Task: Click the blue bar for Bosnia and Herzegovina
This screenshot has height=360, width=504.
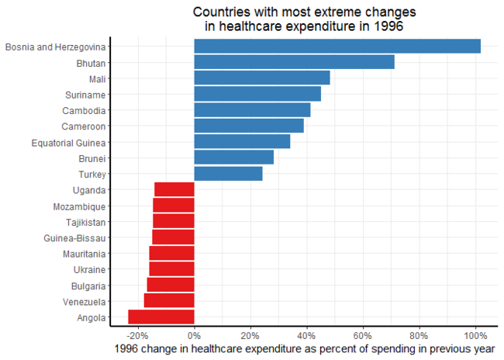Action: (x=337, y=47)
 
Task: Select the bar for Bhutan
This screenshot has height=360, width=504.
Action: (x=294, y=62)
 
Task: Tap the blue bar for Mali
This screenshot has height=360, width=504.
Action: (x=262, y=78)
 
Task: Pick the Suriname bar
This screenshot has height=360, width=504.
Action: (x=257, y=94)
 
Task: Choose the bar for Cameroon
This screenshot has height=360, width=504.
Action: (x=249, y=126)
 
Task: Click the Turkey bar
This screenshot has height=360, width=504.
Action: (x=228, y=174)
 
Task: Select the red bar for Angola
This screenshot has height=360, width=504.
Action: (x=161, y=317)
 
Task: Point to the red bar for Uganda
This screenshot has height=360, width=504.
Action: (x=174, y=189)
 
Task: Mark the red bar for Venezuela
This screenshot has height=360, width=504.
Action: (x=169, y=301)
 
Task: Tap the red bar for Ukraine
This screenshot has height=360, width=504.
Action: (x=171, y=269)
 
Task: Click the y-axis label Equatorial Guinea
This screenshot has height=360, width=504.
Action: (x=68, y=142)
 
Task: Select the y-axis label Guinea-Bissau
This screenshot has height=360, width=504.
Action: (x=75, y=237)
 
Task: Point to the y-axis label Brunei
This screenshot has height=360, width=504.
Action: (x=90, y=157)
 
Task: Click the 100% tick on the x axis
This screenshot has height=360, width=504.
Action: (x=475, y=335)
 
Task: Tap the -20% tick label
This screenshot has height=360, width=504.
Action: (x=137, y=335)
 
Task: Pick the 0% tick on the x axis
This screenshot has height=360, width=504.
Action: (x=194, y=335)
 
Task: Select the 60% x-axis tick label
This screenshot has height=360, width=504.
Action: (x=362, y=335)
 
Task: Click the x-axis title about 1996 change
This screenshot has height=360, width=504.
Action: (x=304, y=349)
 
